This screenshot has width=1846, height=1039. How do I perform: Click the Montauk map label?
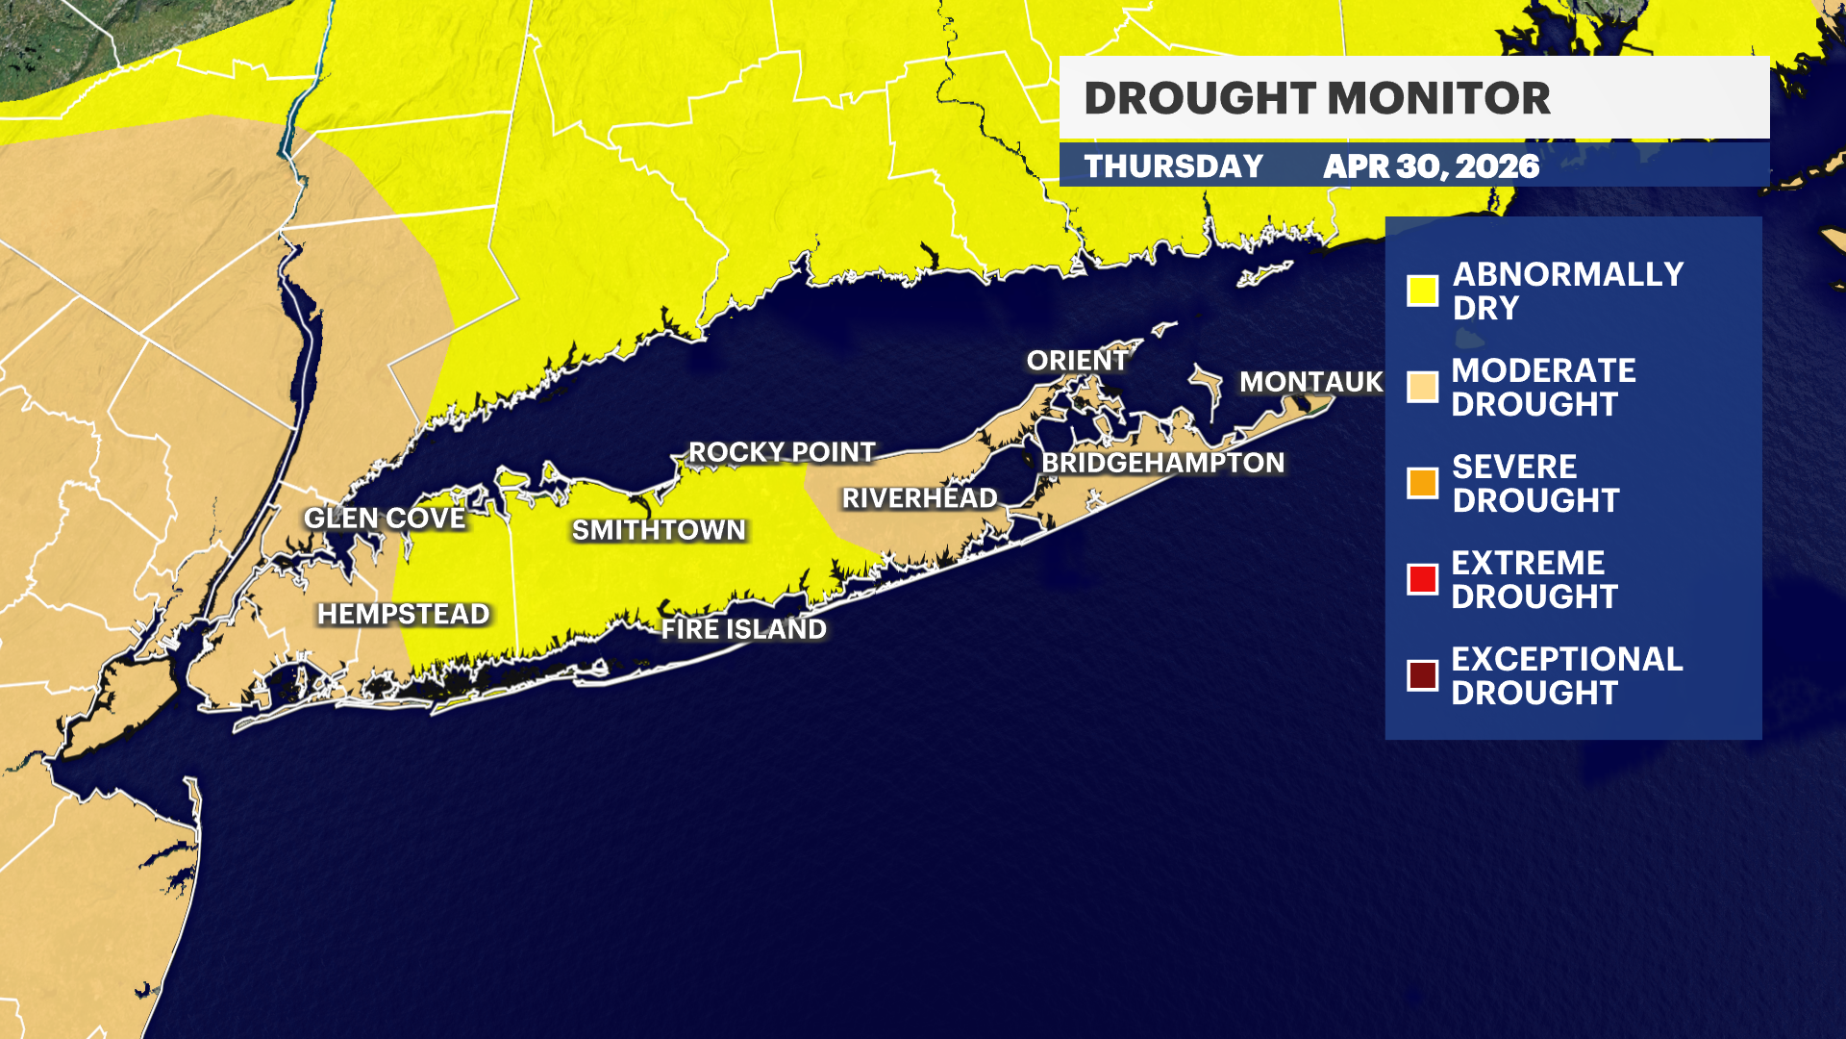pos(1310,382)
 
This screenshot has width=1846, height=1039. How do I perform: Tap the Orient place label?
pos(1077,360)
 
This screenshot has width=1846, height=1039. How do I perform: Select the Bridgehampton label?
pos(1162,463)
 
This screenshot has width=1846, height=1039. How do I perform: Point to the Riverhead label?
pos(919,498)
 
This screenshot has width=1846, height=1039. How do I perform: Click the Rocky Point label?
pos(782,452)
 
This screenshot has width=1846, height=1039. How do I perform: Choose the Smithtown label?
pos(659,530)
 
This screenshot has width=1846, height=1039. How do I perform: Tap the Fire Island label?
pos(743,629)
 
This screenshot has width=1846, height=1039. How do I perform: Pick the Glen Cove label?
pos(385,519)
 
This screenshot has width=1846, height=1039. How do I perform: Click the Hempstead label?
pos(404,614)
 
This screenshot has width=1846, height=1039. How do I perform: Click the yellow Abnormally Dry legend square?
pos(1422,291)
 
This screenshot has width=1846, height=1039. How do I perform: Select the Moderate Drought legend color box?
pos(1422,387)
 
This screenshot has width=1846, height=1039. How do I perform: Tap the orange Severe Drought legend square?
pos(1422,483)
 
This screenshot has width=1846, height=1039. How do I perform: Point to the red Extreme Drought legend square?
pos(1422,579)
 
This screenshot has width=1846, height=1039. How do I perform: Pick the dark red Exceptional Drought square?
pos(1422,675)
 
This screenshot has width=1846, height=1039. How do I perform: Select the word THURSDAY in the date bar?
pos(1174,166)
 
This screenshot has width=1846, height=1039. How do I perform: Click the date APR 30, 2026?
pos(1431,166)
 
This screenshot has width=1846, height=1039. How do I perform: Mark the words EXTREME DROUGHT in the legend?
pos(1534,579)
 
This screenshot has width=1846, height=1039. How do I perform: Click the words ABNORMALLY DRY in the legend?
pos(1567,291)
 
